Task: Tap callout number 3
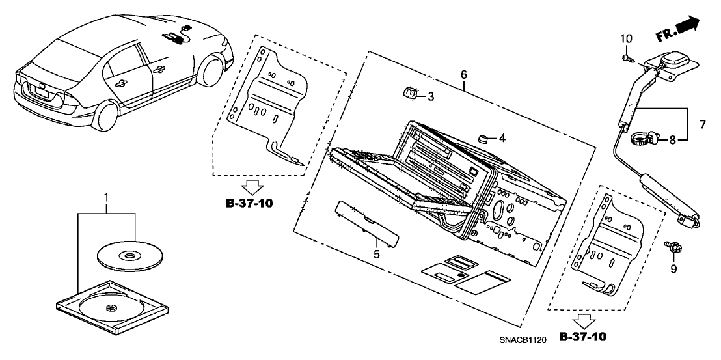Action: point(430,97)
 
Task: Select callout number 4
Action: point(502,137)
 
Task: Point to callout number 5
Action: point(375,254)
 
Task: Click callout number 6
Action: point(464,75)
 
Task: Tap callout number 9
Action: point(674,269)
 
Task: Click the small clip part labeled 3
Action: point(409,94)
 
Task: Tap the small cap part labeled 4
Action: point(483,138)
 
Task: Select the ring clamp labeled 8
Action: point(641,137)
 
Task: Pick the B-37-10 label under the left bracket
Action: point(249,203)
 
